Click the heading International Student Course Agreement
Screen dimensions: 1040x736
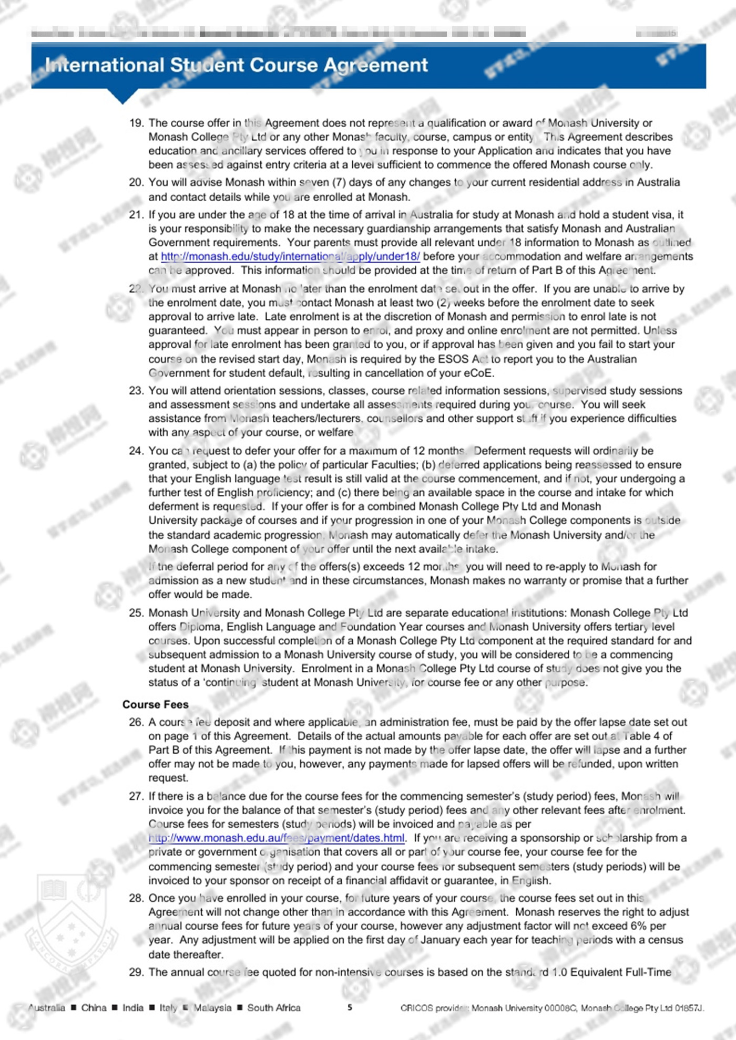(237, 65)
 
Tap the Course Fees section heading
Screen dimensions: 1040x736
(155, 704)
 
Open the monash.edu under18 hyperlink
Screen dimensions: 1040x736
(290, 256)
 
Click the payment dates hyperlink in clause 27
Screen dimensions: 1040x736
(277, 838)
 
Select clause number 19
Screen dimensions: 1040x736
(136, 123)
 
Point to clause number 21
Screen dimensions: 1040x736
(136, 215)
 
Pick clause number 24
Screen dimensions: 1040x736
(136, 451)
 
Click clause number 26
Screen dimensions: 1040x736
(136, 722)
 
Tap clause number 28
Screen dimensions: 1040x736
(136, 898)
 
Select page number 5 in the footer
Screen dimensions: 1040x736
(350, 1007)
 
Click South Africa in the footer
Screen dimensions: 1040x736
(274, 1007)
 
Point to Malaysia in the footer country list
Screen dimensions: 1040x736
(212, 1007)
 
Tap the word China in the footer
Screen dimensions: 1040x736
(94, 1007)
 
